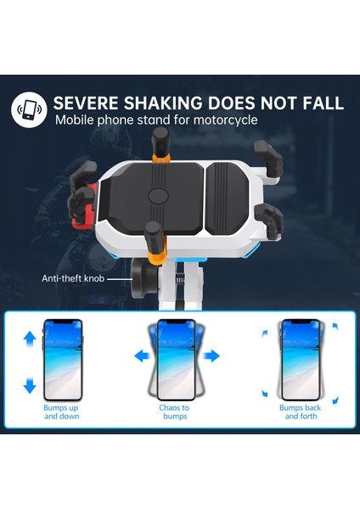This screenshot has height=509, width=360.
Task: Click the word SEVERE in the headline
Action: point(88,103)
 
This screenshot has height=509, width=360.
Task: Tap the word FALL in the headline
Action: point(320,103)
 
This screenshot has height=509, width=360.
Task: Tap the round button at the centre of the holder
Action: point(158,194)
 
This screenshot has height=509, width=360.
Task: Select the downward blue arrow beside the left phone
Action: point(30,386)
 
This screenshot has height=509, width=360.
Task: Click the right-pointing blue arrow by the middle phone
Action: point(213,355)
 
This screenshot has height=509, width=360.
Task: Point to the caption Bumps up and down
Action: point(61,412)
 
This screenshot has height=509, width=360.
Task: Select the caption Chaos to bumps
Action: point(174,412)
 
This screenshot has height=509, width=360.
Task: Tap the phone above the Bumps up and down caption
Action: point(62,359)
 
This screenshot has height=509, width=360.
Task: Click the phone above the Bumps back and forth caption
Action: point(299,359)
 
